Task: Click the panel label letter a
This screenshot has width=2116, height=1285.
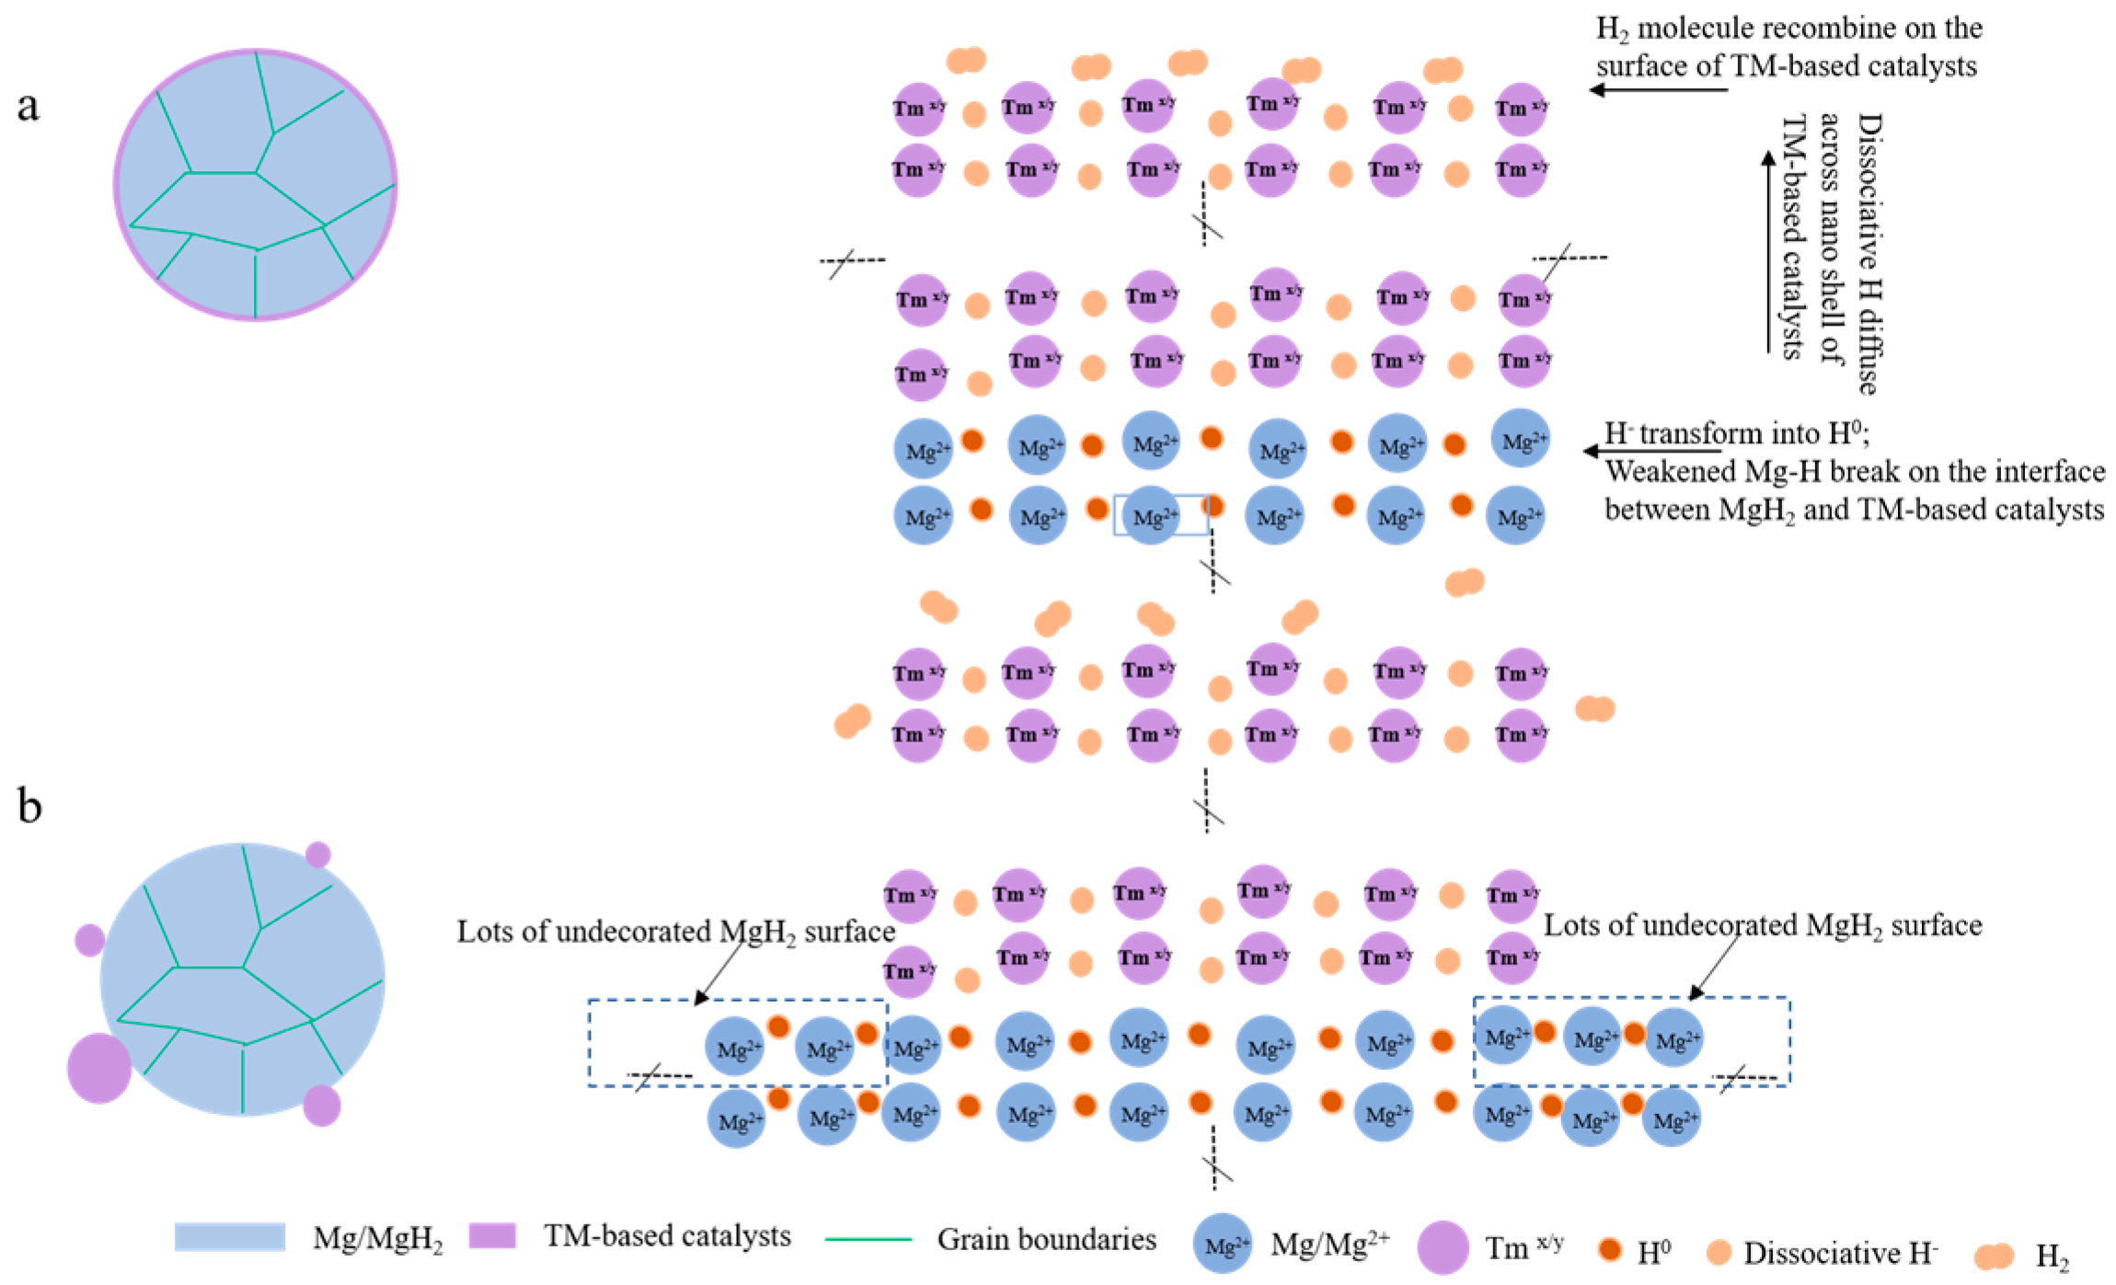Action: pos(29,106)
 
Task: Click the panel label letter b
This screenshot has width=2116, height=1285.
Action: pos(29,806)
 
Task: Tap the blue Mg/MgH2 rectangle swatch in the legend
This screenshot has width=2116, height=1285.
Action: pos(229,1237)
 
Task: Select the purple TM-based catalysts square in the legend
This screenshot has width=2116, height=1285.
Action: pos(492,1235)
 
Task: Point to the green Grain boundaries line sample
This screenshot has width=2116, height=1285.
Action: pos(868,1240)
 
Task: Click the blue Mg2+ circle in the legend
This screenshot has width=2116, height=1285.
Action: pos(1222,1245)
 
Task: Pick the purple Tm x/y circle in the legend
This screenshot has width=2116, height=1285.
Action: pos(1443,1247)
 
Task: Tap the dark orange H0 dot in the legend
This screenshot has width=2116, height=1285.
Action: pos(1609,1249)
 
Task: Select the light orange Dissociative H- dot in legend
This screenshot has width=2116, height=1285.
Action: pos(1719,1251)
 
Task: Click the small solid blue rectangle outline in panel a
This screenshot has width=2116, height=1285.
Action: pos(1161,515)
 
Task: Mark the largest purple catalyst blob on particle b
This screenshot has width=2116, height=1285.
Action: pos(99,1068)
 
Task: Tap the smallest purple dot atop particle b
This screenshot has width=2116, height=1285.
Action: pos(318,855)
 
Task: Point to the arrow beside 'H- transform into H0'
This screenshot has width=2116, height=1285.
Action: pos(1651,451)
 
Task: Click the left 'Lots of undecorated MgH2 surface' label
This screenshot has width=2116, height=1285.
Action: pos(676,932)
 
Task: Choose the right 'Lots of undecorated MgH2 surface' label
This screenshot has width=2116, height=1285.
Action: pos(1762,925)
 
